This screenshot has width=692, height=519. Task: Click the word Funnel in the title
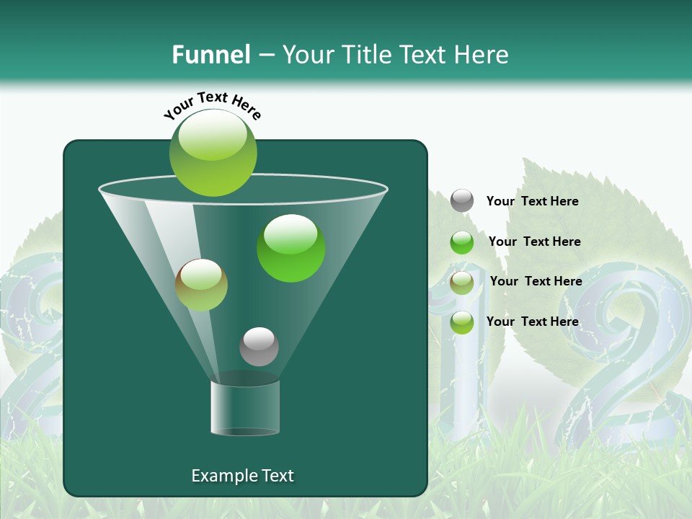(x=210, y=55)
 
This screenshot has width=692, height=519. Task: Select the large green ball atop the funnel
(x=213, y=152)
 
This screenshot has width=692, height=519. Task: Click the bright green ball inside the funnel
(x=291, y=248)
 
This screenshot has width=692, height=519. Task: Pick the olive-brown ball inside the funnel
(x=202, y=285)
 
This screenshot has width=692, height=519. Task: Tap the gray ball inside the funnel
(x=259, y=347)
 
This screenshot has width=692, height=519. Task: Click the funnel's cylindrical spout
(x=245, y=407)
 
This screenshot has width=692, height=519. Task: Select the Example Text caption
(x=243, y=476)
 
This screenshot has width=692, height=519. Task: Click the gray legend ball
(x=462, y=200)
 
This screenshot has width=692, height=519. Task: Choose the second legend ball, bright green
(x=462, y=242)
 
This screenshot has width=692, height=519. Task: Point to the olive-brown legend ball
(x=462, y=282)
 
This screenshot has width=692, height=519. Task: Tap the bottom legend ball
(x=462, y=322)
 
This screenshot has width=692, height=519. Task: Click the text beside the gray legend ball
(x=533, y=202)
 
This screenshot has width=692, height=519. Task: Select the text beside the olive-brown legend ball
(x=536, y=282)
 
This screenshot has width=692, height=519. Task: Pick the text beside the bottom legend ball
(x=533, y=321)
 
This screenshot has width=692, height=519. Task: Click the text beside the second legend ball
(x=534, y=241)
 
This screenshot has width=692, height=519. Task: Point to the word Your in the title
(x=309, y=55)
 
